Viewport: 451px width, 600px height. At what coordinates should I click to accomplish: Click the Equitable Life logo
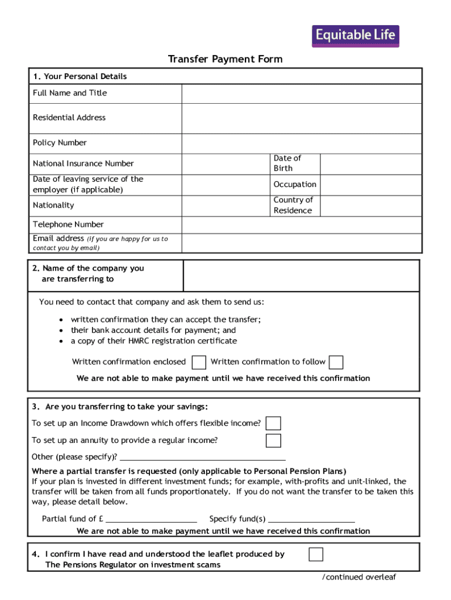(355, 36)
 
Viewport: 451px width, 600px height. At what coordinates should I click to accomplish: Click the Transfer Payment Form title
(225, 59)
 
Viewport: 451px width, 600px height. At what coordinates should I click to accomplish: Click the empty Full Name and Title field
(301, 94)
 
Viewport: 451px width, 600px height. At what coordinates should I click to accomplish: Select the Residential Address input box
(301, 118)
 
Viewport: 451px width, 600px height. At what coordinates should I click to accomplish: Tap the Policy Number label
(60, 143)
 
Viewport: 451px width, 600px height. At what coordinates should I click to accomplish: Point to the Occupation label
(295, 185)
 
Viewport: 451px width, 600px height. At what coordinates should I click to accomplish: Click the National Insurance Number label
(83, 163)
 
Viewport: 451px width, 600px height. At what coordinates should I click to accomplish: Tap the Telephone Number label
(69, 224)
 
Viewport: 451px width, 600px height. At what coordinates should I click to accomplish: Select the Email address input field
(301, 243)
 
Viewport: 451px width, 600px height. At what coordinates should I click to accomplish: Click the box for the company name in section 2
(301, 275)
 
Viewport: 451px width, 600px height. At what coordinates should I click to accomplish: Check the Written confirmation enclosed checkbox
(199, 362)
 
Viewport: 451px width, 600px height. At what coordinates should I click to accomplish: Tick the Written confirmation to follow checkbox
(336, 362)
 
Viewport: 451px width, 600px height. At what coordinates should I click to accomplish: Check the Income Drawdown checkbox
(274, 424)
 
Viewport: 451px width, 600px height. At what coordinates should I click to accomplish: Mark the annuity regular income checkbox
(274, 441)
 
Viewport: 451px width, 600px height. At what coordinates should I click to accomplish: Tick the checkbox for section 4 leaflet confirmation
(316, 554)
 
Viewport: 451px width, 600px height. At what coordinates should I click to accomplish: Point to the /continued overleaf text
(359, 577)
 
